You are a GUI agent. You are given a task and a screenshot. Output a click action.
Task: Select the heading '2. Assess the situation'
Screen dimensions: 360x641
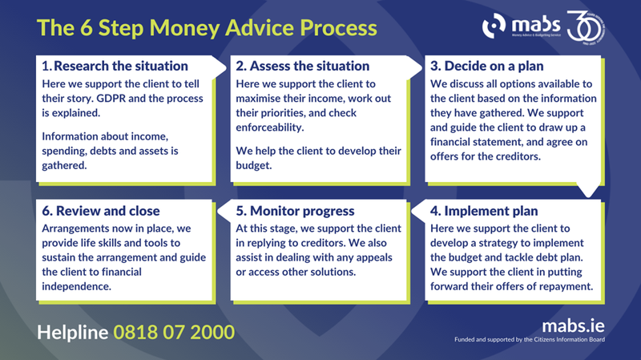coord(303,66)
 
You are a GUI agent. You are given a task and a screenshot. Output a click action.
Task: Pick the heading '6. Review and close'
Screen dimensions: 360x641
coord(99,212)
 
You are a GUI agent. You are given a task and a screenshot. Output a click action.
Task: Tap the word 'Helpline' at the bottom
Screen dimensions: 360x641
coord(73,331)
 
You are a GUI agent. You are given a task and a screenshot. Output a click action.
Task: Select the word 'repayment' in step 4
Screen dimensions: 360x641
coord(562,286)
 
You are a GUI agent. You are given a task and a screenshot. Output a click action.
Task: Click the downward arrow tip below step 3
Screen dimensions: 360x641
coord(591,192)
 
